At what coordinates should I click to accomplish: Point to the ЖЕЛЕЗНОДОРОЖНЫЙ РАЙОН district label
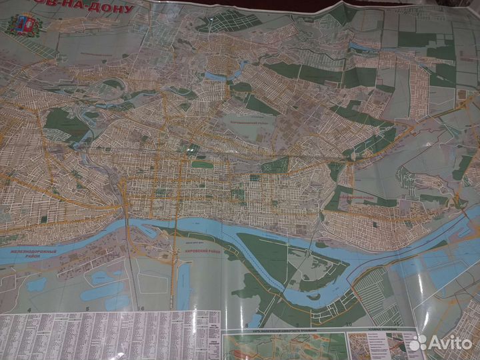tap(29, 253)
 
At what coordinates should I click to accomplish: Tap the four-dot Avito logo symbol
tap(418, 343)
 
